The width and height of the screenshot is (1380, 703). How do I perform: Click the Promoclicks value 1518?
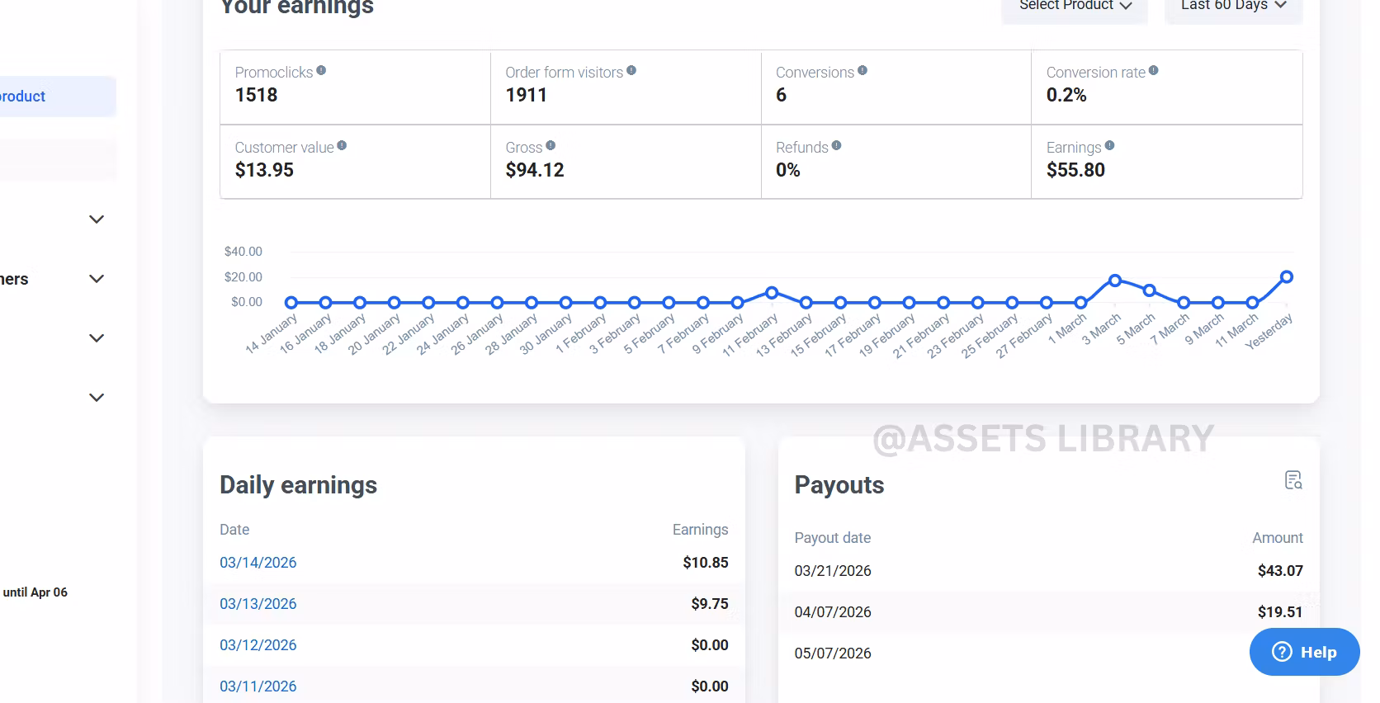[x=256, y=95]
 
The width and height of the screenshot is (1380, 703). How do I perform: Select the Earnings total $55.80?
[x=1075, y=170]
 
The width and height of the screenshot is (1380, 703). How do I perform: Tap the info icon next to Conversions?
[x=862, y=71]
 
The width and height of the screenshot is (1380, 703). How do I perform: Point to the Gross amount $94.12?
[x=535, y=170]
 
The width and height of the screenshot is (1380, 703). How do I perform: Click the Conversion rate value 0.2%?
[x=1066, y=95]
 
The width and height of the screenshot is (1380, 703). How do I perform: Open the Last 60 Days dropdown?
[x=1233, y=7]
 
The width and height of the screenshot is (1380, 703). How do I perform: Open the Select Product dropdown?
[x=1075, y=7]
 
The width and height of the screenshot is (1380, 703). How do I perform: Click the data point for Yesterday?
[x=1287, y=277]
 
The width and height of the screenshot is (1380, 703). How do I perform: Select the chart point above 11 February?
[x=772, y=293]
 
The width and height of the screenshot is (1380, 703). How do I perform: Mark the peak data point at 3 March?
[x=1115, y=281]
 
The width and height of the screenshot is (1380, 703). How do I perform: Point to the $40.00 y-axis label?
[x=243, y=252]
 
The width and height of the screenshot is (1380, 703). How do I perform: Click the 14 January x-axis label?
[x=271, y=334]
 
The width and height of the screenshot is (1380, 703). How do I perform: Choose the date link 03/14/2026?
[x=258, y=563]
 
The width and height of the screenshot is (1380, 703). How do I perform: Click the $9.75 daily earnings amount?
[x=710, y=604]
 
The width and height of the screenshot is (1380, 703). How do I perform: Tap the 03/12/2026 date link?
[x=258, y=645]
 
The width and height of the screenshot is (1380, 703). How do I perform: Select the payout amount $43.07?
[x=1280, y=571]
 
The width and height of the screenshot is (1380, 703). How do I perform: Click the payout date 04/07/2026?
[x=833, y=612]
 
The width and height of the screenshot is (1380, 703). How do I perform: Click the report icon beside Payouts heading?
[x=1293, y=480]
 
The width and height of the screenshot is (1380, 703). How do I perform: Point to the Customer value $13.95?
[x=264, y=170]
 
